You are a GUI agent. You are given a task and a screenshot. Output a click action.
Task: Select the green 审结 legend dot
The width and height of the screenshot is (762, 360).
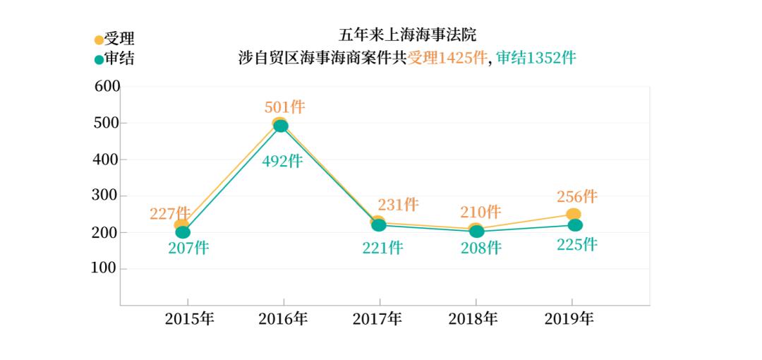point(99,59)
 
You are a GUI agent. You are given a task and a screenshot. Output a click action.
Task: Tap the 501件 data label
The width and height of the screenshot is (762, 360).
point(284,107)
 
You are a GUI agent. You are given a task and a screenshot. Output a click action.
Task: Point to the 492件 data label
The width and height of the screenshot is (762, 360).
point(282,161)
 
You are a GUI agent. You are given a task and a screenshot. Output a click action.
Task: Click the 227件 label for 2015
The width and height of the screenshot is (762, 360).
point(170,212)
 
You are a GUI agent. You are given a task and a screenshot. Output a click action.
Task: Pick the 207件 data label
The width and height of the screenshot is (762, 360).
point(188,248)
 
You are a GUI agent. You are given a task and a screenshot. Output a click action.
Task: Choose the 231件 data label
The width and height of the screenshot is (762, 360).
point(398,205)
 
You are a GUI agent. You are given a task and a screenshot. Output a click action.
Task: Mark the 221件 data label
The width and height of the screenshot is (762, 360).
point(382,248)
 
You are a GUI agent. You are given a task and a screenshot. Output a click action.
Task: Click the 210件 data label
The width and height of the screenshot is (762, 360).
point(480,212)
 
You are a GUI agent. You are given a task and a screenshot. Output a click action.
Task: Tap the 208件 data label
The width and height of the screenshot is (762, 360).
point(480,248)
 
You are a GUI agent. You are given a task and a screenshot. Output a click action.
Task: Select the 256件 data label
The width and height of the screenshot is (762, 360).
point(576,197)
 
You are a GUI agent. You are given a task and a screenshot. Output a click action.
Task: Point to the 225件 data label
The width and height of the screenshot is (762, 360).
point(576,245)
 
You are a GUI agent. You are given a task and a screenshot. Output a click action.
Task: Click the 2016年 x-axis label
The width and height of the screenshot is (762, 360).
point(283,319)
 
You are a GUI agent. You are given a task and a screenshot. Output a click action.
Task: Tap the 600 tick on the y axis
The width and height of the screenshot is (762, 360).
point(107,87)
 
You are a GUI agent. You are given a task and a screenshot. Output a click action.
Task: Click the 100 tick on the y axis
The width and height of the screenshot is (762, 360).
point(107,269)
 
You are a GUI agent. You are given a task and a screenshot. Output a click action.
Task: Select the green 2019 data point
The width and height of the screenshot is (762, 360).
point(575,225)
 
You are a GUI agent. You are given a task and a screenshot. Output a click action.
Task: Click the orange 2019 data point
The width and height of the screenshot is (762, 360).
point(574,215)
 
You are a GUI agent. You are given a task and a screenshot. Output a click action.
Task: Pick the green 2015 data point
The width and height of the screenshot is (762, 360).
point(183,232)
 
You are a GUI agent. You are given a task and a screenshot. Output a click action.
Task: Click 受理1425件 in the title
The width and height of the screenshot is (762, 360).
point(447,59)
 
